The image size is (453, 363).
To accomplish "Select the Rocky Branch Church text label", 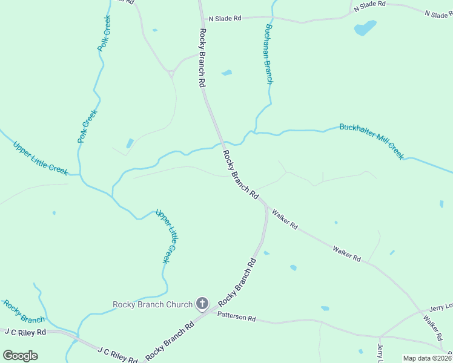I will pyautogui.click(x=153, y=304).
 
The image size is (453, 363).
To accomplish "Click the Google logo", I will pyautogui.click(x=21, y=356).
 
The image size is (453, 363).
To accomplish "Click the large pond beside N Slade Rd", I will pyautogui.click(x=365, y=28).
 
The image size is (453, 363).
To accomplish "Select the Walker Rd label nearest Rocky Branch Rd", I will pyautogui.click(x=285, y=219).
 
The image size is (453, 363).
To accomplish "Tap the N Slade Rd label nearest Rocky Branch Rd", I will pyautogui.click(x=224, y=19).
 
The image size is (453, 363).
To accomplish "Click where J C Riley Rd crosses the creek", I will pyautogui.click(x=76, y=335).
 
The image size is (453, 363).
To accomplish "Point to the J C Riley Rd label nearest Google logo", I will pyautogui.click(x=25, y=332).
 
